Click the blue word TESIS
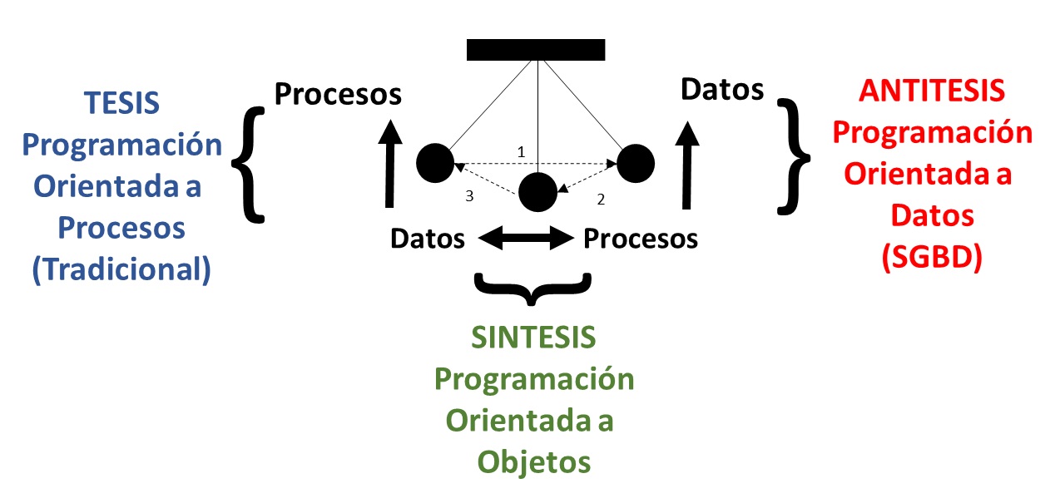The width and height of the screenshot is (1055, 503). [x=121, y=104]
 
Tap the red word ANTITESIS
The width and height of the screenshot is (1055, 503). [x=932, y=91]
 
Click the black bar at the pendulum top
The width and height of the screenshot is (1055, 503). [x=535, y=50]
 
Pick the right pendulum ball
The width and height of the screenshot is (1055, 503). [x=636, y=162]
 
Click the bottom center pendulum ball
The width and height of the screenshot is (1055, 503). [x=537, y=193]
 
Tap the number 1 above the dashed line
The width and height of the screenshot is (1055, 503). [x=522, y=152]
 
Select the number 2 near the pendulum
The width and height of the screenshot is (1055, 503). [x=600, y=200]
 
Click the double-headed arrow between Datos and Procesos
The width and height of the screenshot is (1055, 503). [x=526, y=239]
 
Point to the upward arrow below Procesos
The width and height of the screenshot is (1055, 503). [x=388, y=163]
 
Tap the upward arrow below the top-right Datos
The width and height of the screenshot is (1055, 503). [x=687, y=163]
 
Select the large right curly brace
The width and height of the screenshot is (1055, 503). [x=794, y=154]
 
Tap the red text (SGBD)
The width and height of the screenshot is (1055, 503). [x=932, y=259]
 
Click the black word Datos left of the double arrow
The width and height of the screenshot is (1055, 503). [x=428, y=239]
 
